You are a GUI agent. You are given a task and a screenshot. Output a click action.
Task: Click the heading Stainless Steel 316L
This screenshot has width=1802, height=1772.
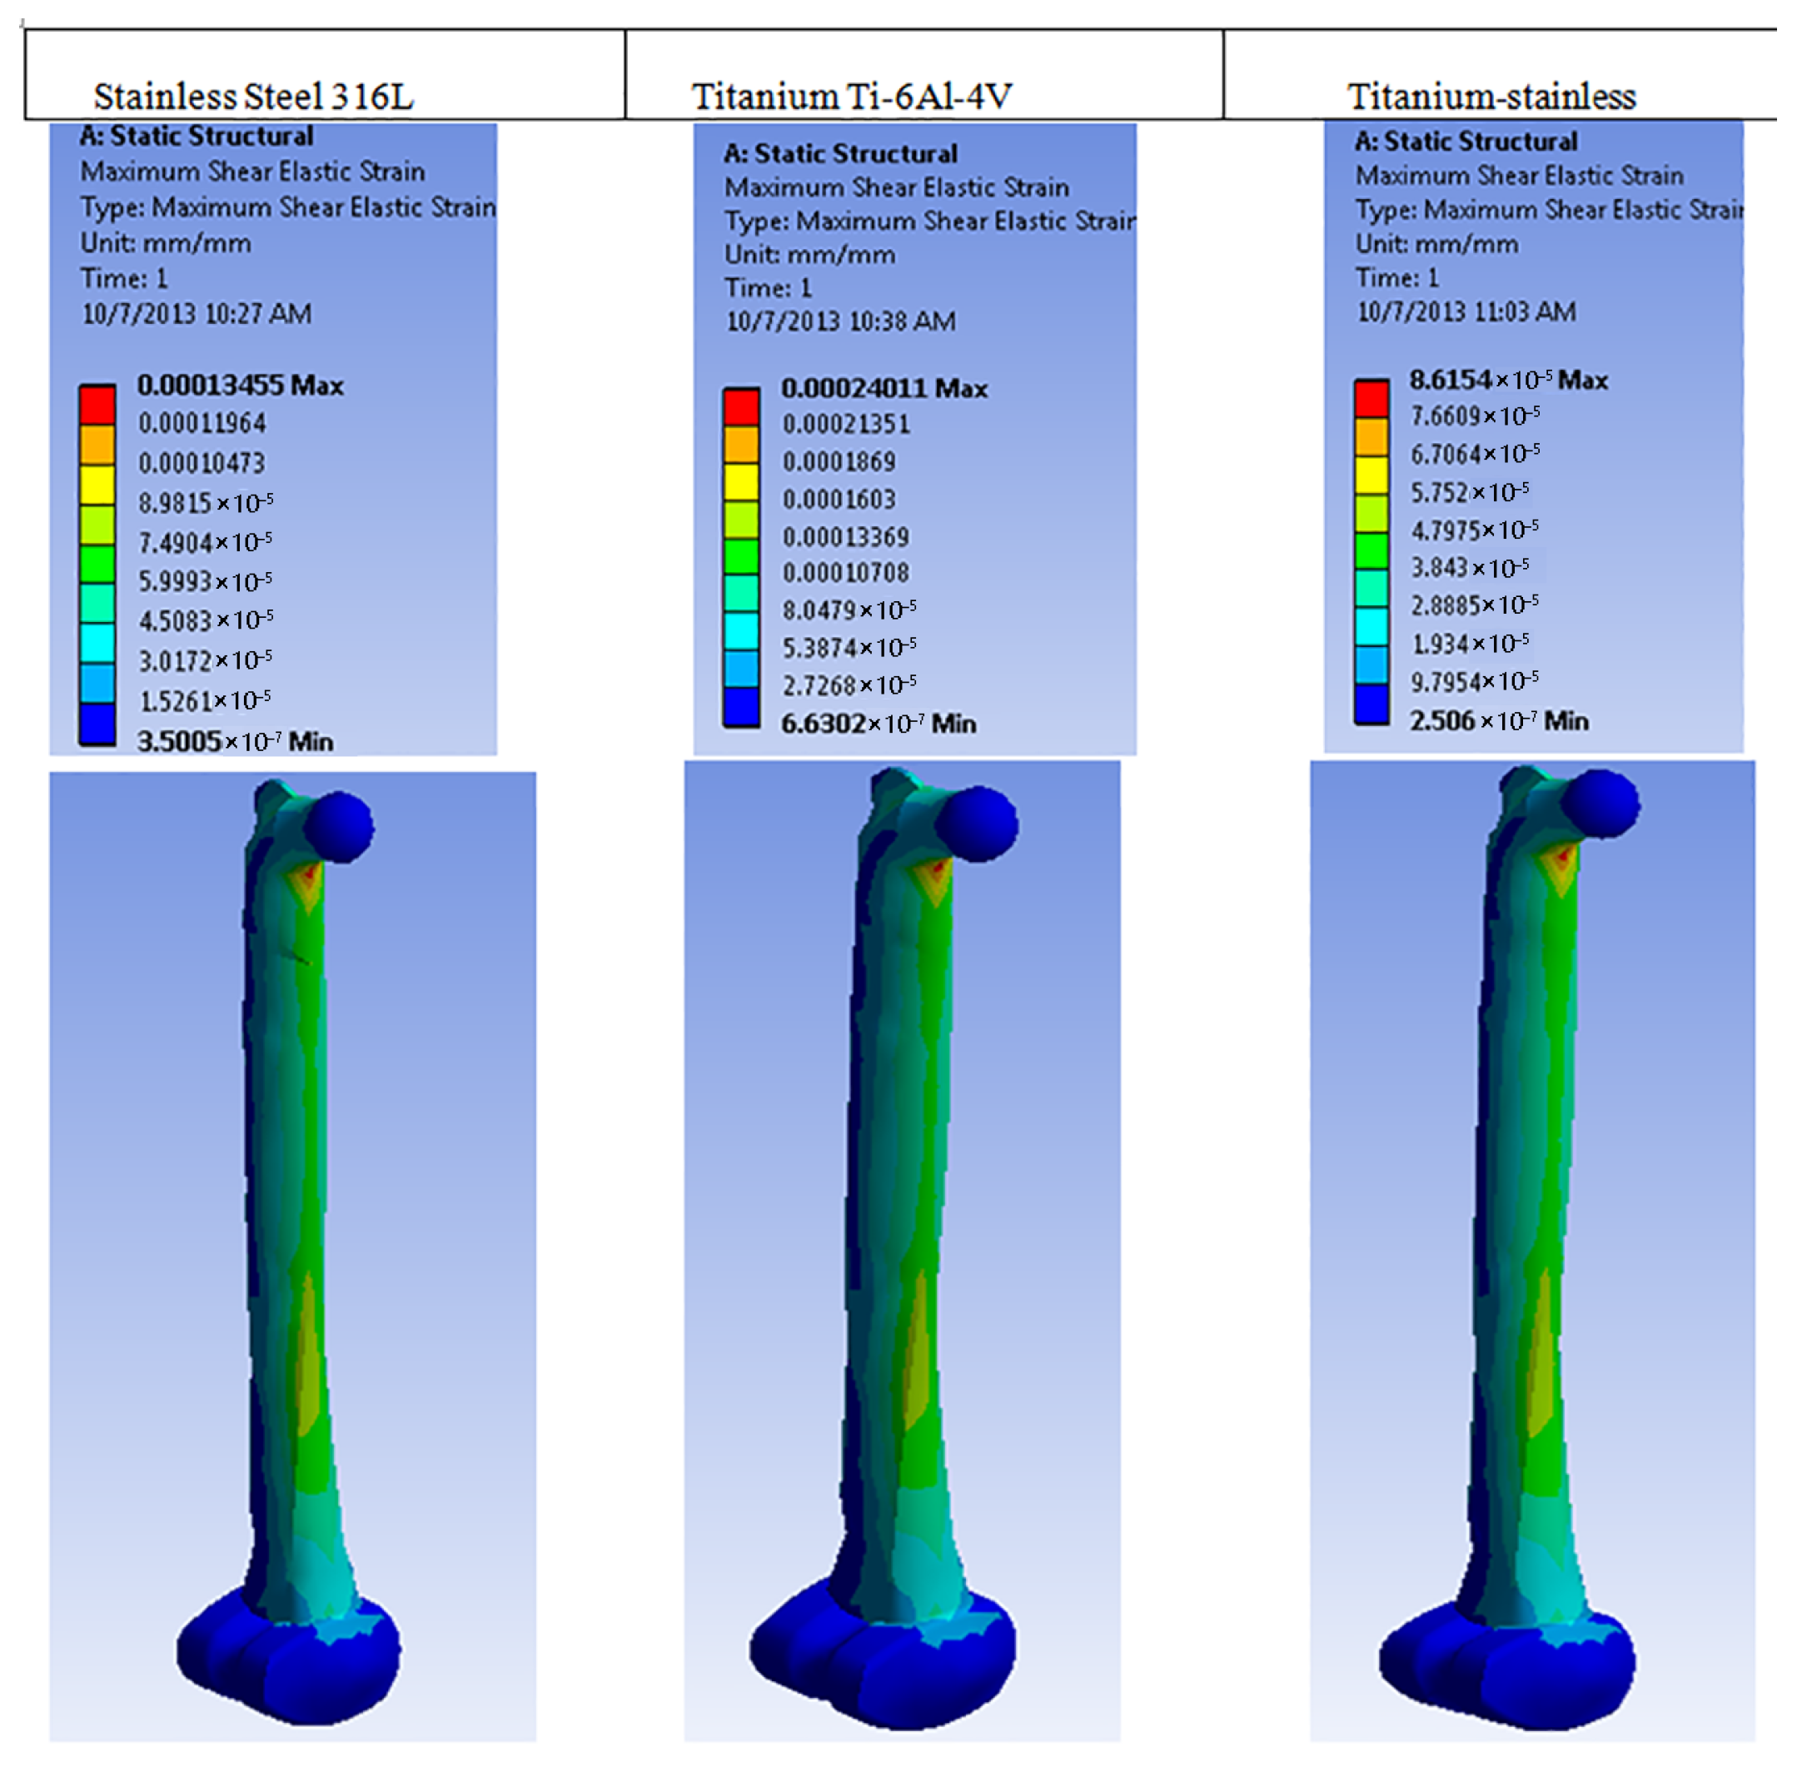[x=253, y=97]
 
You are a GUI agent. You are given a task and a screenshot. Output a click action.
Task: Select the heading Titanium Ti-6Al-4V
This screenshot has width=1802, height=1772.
[x=851, y=97]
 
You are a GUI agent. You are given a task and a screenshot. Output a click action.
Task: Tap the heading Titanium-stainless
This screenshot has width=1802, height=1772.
[x=1491, y=97]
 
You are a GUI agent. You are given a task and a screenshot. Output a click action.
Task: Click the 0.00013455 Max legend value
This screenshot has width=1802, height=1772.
[x=240, y=386]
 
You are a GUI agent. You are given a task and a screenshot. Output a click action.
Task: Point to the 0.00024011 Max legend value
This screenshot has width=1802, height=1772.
[x=884, y=388]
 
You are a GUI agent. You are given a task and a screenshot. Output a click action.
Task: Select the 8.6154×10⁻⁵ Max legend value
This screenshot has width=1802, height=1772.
[x=1508, y=380]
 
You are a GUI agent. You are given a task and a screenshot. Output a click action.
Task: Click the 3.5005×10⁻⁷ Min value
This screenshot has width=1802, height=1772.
[x=235, y=742]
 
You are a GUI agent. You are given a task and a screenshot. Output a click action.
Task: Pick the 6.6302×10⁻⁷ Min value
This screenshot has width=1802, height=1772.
[x=879, y=723]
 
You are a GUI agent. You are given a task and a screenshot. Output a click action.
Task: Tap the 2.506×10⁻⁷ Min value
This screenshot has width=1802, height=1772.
[x=1499, y=720]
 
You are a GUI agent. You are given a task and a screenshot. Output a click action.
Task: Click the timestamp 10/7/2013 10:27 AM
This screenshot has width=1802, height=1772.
[x=197, y=314]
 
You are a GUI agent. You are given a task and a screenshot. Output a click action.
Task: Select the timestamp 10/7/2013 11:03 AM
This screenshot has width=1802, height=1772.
[x=1466, y=311]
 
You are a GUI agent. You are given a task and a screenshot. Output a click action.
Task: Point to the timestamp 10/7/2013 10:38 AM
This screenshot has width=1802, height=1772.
[x=840, y=321]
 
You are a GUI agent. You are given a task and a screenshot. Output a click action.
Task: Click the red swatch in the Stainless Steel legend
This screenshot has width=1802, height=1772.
[x=97, y=405]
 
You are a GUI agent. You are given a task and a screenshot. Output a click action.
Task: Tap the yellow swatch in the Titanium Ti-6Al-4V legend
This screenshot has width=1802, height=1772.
[x=742, y=481]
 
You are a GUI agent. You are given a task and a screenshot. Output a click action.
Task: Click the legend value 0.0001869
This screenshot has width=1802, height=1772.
[x=838, y=461]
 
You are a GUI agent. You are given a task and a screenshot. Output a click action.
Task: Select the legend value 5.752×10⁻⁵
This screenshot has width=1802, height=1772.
[x=1469, y=491]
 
